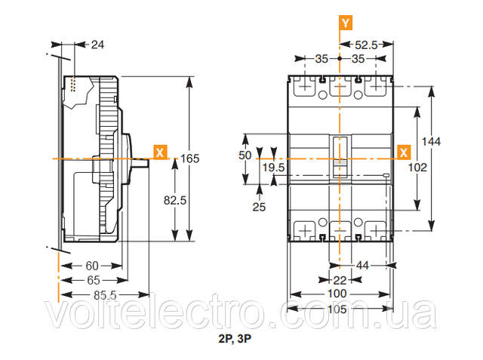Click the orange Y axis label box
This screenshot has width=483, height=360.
[x=346, y=23]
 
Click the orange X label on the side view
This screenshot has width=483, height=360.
[x=160, y=152]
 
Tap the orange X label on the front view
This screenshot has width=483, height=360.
[x=404, y=152]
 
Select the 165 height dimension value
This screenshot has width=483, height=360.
[x=189, y=158]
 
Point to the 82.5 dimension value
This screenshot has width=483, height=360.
[x=175, y=201]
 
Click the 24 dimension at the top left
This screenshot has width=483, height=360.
[x=97, y=45]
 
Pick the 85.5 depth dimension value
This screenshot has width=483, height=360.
[x=105, y=295]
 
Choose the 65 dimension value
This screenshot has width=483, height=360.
[x=94, y=280]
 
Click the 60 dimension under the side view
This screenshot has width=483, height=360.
[x=92, y=266]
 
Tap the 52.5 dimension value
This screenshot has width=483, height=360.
[x=366, y=45]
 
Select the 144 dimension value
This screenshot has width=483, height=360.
[x=431, y=141]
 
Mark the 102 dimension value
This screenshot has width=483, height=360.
[x=417, y=168]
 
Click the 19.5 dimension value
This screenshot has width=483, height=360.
[x=273, y=168]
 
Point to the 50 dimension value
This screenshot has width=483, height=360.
[x=245, y=155]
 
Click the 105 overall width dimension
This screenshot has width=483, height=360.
[x=337, y=309]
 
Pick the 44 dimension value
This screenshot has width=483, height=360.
[x=362, y=266]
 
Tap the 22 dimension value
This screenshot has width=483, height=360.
[x=340, y=280]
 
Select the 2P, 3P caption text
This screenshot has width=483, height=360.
[x=235, y=339]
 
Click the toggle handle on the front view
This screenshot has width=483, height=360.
[x=340, y=157]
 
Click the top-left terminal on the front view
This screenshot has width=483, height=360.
[x=305, y=86]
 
